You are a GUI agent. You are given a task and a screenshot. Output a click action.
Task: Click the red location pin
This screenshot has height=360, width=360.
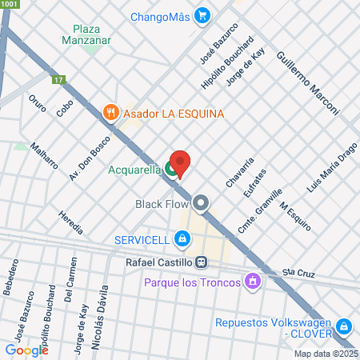180,164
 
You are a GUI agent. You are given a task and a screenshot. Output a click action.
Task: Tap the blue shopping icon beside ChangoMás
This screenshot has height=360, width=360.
203,14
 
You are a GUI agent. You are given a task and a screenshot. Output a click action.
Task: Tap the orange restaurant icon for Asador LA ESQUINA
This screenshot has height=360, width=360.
111,113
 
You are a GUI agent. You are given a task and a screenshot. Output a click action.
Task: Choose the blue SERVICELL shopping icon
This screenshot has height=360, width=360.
183,238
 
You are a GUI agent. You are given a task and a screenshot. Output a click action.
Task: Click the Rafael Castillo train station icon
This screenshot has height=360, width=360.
203,261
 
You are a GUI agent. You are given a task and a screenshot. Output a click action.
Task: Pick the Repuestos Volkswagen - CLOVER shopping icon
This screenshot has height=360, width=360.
344,326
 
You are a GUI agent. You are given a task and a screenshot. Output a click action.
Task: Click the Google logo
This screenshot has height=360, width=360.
26,350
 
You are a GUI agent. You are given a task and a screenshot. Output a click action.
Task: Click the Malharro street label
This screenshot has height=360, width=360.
43,156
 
